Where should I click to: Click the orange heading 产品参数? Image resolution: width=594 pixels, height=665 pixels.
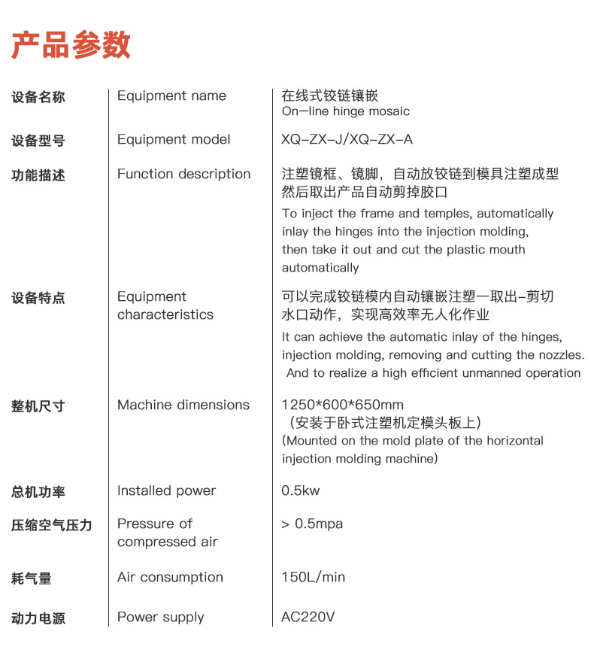(71, 45)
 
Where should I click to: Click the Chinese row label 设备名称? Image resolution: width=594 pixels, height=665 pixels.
(38, 97)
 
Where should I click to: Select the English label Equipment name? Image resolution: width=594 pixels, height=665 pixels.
(171, 96)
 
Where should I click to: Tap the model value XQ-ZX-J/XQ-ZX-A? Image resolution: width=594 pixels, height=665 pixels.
(347, 140)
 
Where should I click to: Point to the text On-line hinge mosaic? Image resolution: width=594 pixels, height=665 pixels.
(346, 111)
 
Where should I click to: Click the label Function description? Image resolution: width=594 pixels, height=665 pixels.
(183, 174)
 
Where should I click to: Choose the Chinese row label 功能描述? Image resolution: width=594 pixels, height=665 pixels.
(38, 175)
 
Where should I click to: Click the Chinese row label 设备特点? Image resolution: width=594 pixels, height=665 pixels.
(38, 298)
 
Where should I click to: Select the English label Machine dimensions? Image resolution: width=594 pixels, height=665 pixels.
(183, 405)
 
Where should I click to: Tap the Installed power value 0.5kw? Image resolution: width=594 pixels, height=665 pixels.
(301, 490)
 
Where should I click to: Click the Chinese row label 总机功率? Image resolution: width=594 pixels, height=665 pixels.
(38, 492)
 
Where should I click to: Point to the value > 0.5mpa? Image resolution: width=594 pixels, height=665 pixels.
(312, 524)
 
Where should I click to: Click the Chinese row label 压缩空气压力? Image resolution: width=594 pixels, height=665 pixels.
(52, 525)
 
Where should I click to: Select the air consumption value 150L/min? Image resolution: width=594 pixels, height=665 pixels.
(314, 577)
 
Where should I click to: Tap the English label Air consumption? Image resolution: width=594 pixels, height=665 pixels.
(170, 577)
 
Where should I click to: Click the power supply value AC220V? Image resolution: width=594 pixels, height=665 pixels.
(308, 617)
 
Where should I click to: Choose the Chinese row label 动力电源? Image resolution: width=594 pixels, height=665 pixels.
(38, 618)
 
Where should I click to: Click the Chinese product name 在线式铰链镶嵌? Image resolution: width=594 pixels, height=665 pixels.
(329, 96)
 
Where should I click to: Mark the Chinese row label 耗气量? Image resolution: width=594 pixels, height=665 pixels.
(32, 578)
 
